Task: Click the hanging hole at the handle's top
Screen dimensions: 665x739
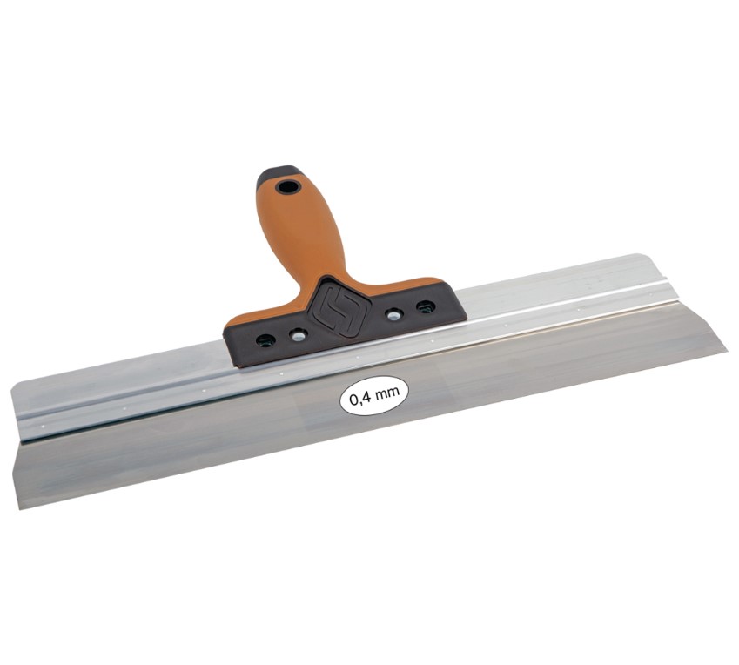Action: (287, 186)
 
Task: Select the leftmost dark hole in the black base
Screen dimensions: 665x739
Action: (265, 339)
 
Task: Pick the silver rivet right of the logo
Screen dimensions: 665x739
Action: (394, 314)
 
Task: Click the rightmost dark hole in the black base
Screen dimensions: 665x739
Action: (426, 306)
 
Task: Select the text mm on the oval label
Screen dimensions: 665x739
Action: (388, 393)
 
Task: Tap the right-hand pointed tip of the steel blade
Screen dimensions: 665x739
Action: (724, 351)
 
